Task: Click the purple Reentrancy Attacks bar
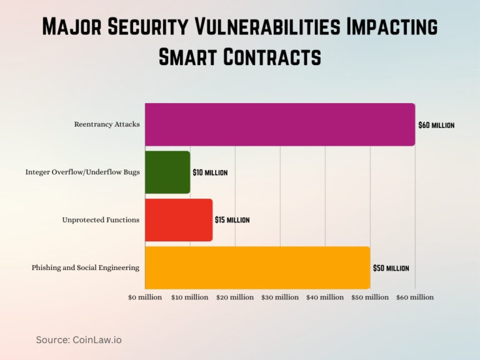coord(280,124)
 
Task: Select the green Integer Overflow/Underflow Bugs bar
coord(167,172)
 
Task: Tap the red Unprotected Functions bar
coord(179,220)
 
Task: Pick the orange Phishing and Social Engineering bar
coord(257,267)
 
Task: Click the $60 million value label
coord(436,125)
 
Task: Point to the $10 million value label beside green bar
coord(210,172)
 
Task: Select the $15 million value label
coord(232,220)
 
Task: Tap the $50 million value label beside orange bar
coord(391,268)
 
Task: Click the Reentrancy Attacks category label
coord(107,124)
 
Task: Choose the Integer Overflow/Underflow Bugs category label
coord(82,172)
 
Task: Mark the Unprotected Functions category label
coord(101,220)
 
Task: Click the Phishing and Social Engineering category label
coord(86,267)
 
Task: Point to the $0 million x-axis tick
coord(145,297)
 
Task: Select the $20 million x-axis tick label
coord(235,297)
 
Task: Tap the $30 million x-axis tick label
coord(280,297)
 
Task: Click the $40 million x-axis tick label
coord(325,297)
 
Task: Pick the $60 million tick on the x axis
coord(415,297)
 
